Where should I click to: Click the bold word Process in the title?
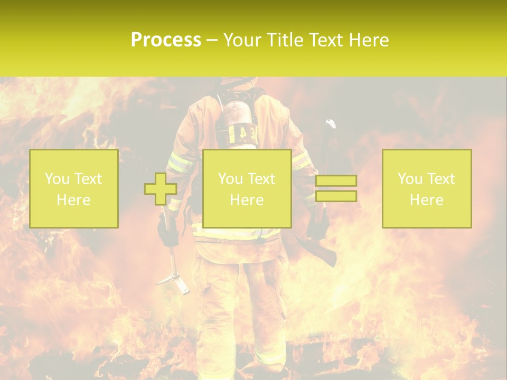(x=166, y=40)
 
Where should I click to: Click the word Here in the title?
(x=369, y=40)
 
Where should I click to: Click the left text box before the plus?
(x=74, y=188)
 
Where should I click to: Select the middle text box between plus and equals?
(x=247, y=188)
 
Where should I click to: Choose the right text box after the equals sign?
(x=427, y=188)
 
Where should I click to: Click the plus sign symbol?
(x=161, y=189)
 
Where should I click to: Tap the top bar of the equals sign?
(x=336, y=181)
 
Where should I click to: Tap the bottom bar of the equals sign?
(x=336, y=196)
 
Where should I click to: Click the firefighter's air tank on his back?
(x=237, y=119)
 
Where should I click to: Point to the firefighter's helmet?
(x=238, y=81)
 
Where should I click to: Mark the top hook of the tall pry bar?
(x=330, y=125)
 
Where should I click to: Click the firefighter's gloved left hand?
(x=168, y=232)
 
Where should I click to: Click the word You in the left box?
(x=57, y=179)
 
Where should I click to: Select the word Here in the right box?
(x=427, y=199)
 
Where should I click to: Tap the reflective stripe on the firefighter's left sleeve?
(x=180, y=163)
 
